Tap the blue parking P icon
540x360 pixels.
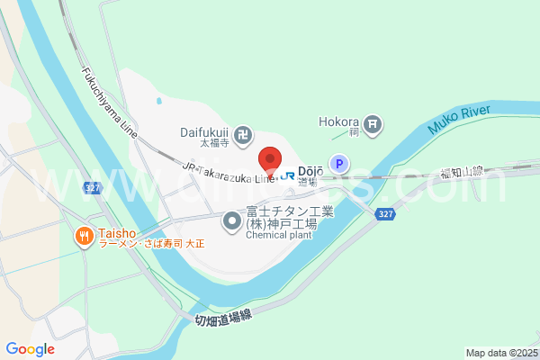click(x=338, y=164)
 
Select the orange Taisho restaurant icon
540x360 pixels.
click(x=84, y=236)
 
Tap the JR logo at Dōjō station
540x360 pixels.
click(x=287, y=175)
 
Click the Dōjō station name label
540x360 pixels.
click(x=310, y=171)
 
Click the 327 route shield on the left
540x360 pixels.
click(x=93, y=188)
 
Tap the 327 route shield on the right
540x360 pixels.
click(x=385, y=213)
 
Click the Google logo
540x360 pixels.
click(x=30, y=349)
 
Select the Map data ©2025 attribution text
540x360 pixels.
click(x=499, y=353)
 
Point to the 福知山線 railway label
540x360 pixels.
click(x=463, y=170)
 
